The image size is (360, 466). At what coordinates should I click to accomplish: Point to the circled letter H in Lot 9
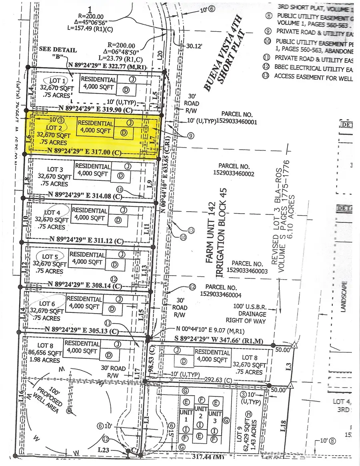[249, 414]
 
